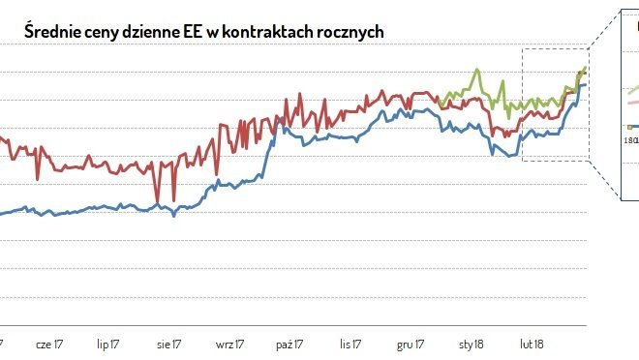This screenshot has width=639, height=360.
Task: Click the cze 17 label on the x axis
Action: pos(48,344)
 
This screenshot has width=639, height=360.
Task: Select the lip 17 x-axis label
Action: pos(108,344)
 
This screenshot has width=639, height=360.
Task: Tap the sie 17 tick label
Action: pos(167,344)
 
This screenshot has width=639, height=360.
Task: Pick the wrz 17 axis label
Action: pos(230,344)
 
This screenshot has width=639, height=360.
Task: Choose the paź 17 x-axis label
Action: pos(290,344)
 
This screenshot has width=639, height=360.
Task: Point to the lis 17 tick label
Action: pos(350,344)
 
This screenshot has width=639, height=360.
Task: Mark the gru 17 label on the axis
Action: pos(411,344)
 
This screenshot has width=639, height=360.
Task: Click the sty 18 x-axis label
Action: pos(472,344)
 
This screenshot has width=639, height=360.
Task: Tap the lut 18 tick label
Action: pos(532,344)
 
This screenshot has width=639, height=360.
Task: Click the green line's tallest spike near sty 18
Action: pos(476,70)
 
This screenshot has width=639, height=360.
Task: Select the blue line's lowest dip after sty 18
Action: pos(510,155)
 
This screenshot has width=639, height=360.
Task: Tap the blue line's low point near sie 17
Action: pos(173,214)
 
